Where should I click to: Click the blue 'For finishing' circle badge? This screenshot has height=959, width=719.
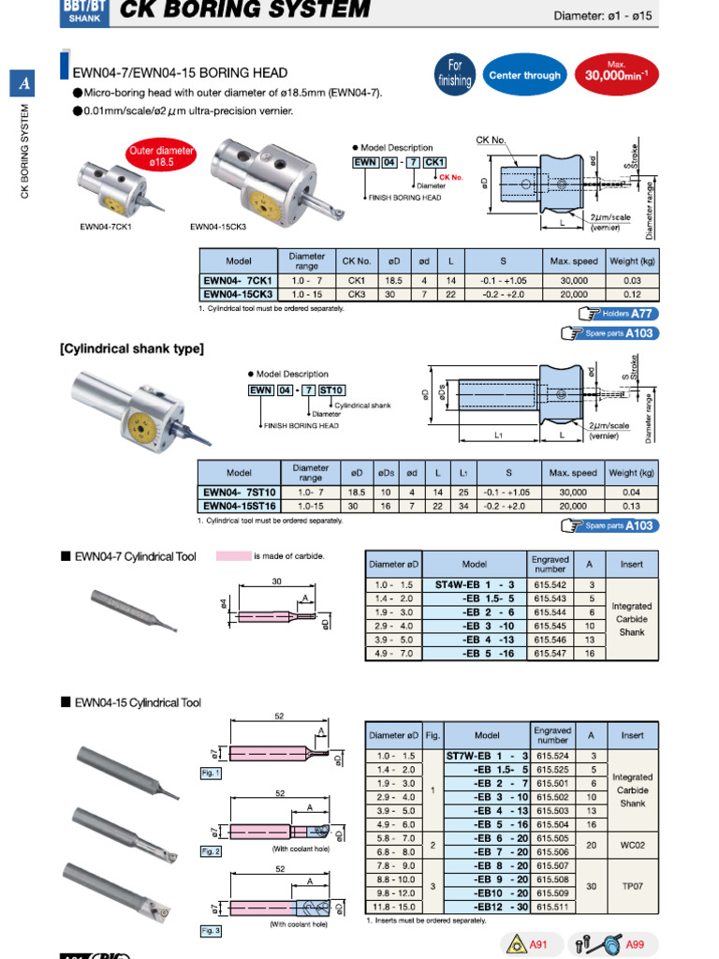pos(455,73)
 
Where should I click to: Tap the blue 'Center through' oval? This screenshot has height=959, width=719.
pos(524,76)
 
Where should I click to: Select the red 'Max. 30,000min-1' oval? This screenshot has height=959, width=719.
pos(616,73)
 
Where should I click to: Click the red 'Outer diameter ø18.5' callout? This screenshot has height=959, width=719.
pos(161,155)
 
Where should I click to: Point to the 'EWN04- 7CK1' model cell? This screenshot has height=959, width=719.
pos(238,281)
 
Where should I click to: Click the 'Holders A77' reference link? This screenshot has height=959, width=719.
pos(618,314)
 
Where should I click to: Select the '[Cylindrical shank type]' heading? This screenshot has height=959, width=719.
pos(132,349)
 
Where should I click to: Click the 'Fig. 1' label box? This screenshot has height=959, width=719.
pos(211,774)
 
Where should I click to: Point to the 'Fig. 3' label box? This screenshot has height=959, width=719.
pos(211,931)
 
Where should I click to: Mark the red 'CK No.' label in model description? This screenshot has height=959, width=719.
pos(451,177)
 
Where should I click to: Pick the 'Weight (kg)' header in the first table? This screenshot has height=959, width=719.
pos(632,261)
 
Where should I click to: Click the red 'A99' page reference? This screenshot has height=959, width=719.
pos(634,944)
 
